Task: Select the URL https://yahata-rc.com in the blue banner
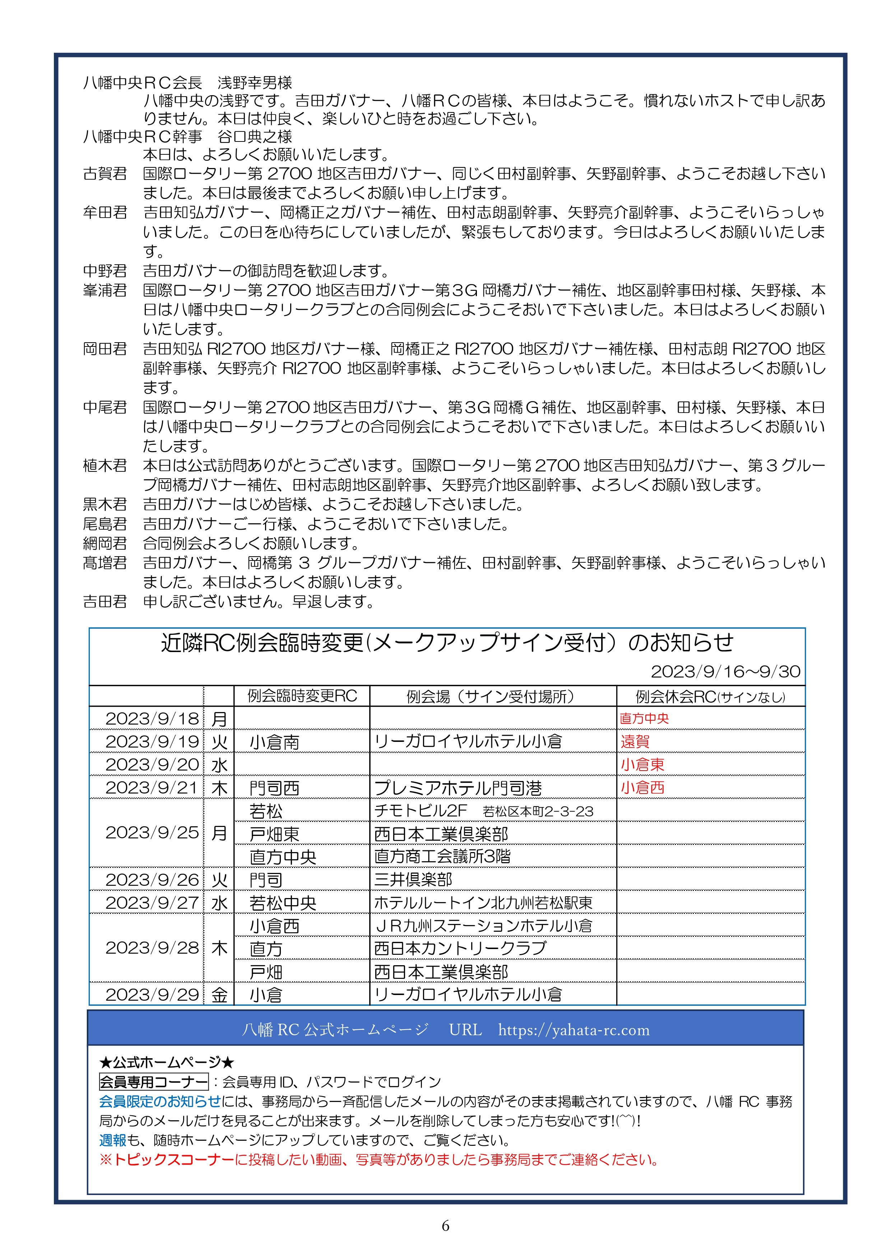[x=574, y=1030]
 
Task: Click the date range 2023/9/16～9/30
[x=725, y=671]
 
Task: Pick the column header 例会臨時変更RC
[x=302, y=696]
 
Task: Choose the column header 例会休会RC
[x=710, y=696]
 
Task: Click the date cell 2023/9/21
[x=152, y=787]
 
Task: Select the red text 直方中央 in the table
[x=644, y=719]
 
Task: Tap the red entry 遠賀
[x=635, y=741]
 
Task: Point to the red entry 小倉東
[x=642, y=764]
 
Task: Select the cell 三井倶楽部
[x=413, y=880]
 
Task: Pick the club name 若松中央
[x=283, y=903]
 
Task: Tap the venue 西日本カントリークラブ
[x=460, y=948]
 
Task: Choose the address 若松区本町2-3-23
[x=538, y=812]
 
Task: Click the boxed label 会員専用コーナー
[x=154, y=1082]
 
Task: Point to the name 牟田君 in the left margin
[x=105, y=212]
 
